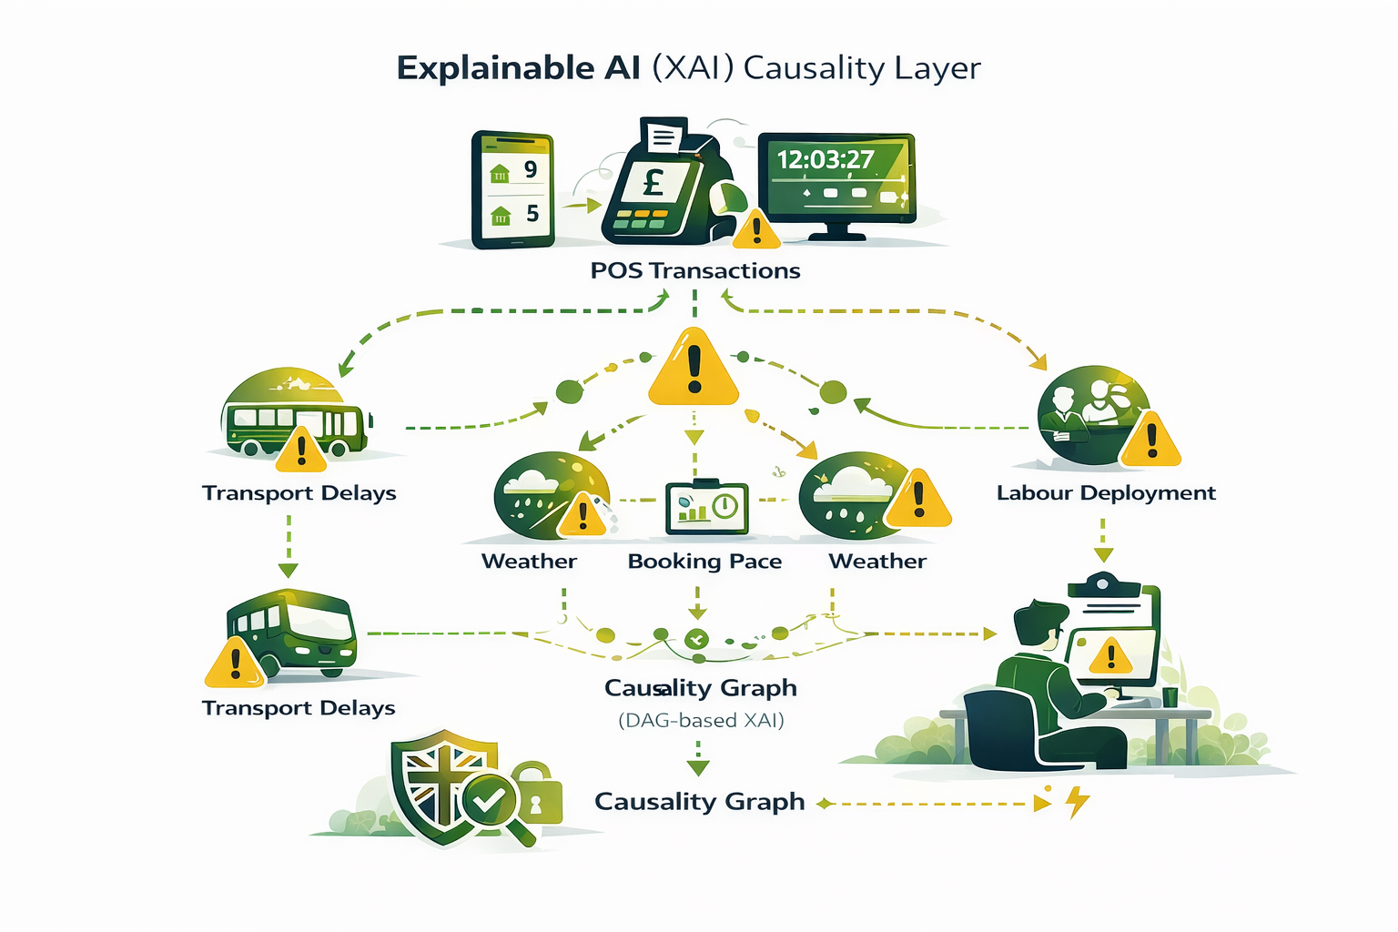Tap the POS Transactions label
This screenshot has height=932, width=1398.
(695, 270)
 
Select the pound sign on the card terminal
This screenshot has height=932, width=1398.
(653, 184)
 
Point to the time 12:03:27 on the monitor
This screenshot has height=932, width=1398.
(825, 160)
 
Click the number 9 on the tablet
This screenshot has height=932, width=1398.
(530, 169)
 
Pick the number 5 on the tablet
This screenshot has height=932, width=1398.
(532, 214)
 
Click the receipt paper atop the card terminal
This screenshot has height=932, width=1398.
(664, 137)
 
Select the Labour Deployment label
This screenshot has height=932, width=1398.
(1106, 493)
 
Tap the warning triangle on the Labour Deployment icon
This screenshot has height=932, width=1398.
(1151, 441)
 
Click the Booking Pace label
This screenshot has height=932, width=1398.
(704, 562)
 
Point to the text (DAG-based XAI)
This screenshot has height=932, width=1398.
(701, 721)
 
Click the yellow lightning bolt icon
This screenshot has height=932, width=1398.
(1078, 802)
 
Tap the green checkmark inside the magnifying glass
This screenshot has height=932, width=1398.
(489, 800)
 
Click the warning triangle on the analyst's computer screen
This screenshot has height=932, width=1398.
(1110, 654)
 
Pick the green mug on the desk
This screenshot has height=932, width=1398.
(1170, 696)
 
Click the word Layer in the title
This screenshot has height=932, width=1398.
(937, 68)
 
